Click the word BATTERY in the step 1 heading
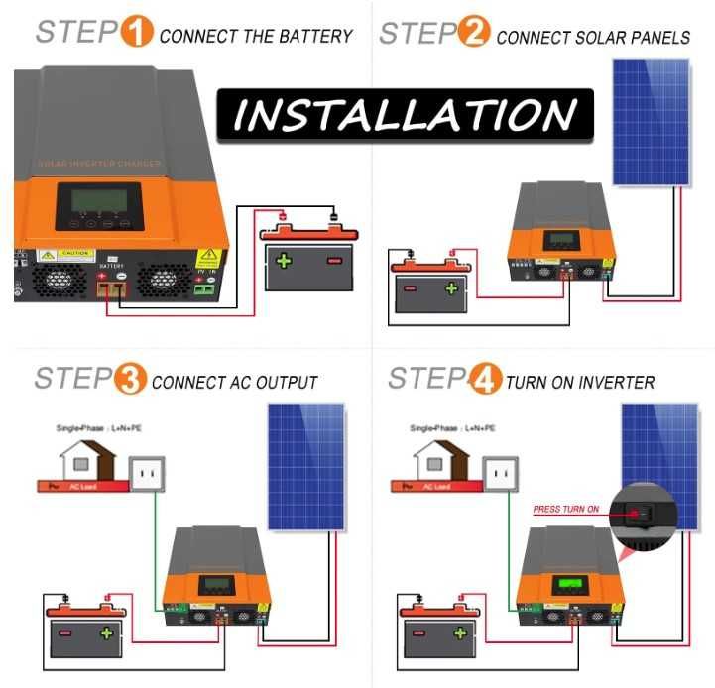pyautogui.click(x=315, y=37)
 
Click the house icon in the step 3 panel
pyautogui.click(x=86, y=458)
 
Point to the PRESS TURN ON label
pyautogui.click(x=566, y=509)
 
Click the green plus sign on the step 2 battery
pyautogui.click(x=451, y=288)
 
